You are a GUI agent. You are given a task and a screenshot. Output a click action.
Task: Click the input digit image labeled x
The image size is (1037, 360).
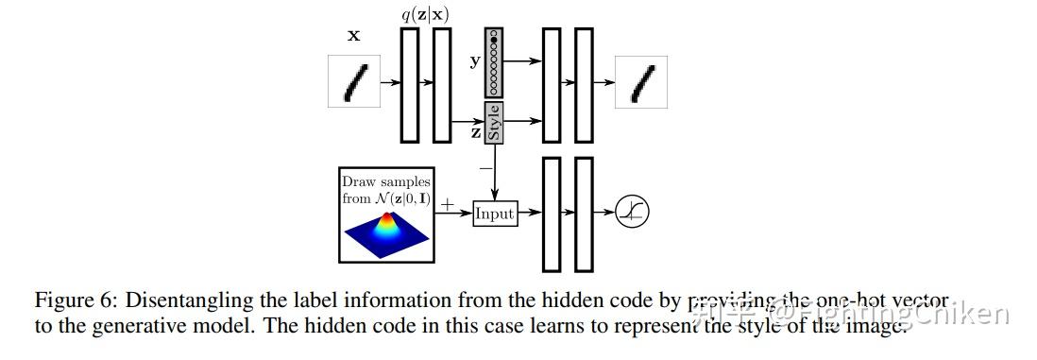pyautogui.click(x=352, y=81)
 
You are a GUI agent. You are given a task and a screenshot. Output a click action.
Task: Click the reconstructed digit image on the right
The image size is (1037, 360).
pyautogui.click(x=641, y=81)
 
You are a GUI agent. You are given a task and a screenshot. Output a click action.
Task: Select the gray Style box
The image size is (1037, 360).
pyautogui.click(x=493, y=123)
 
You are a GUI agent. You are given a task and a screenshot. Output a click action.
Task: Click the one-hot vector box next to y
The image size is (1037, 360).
pyautogui.click(x=493, y=62)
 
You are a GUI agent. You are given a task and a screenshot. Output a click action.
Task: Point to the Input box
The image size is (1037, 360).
pyautogui.click(x=494, y=214)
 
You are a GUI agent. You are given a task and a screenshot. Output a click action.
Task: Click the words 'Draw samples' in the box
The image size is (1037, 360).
pyautogui.click(x=385, y=181)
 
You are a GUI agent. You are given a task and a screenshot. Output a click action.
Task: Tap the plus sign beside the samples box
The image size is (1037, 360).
pyautogui.click(x=447, y=203)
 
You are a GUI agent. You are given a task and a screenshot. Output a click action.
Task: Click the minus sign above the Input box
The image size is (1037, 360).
pyautogui.click(x=484, y=168)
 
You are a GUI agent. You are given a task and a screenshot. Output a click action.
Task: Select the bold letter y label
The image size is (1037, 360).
pyautogui.click(x=475, y=61)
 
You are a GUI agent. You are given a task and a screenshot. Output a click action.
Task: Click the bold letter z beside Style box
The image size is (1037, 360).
pyautogui.click(x=476, y=133)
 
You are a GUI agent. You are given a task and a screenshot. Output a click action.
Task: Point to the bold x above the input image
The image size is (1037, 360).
pyautogui.click(x=353, y=36)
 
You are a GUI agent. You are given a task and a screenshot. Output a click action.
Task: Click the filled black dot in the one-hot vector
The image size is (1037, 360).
pyautogui.click(x=493, y=41)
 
